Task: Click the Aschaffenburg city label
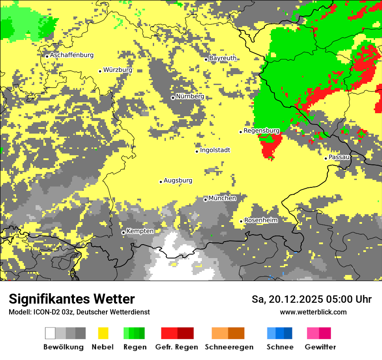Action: click(x=72, y=55)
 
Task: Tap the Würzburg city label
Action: click(x=118, y=70)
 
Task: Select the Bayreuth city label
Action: click(x=223, y=58)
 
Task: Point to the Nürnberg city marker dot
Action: click(x=173, y=98)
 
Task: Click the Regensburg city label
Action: click(x=261, y=131)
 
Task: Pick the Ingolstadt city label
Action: click(x=215, y=150)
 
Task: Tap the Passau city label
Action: click(x=339, y=157)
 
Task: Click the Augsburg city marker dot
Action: click(x=161, y=182)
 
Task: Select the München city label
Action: click(x=222, y=198)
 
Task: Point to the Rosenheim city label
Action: click(x=261, y=220)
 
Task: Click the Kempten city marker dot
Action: click(x=123, y=232)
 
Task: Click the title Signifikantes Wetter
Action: click(x=72, y=299)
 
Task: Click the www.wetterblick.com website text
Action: click(x=313, y=312)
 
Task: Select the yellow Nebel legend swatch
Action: click(x=103, y=333)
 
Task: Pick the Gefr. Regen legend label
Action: click(x=177, y=347)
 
